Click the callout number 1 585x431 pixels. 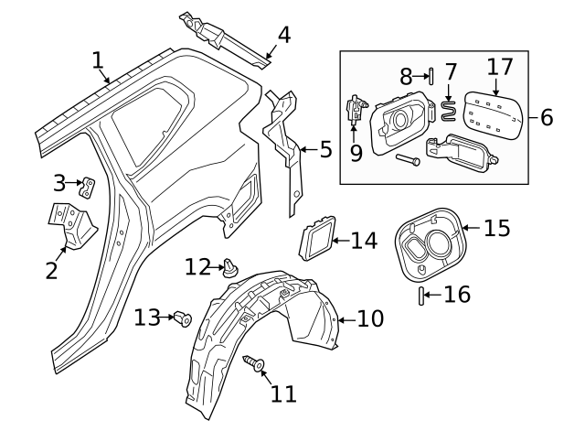coord(98,60)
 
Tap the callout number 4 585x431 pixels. coord(283,36)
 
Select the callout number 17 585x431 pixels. coord(500,67)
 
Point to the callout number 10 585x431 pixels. coord(370,318)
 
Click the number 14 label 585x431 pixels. coord(363,241)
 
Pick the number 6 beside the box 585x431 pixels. coord(547,117)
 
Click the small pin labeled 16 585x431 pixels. coord(422,295)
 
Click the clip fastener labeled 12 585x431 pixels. coord(229,268)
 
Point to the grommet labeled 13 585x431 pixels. coord(182,318)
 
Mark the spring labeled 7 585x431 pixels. coord(449,112)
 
